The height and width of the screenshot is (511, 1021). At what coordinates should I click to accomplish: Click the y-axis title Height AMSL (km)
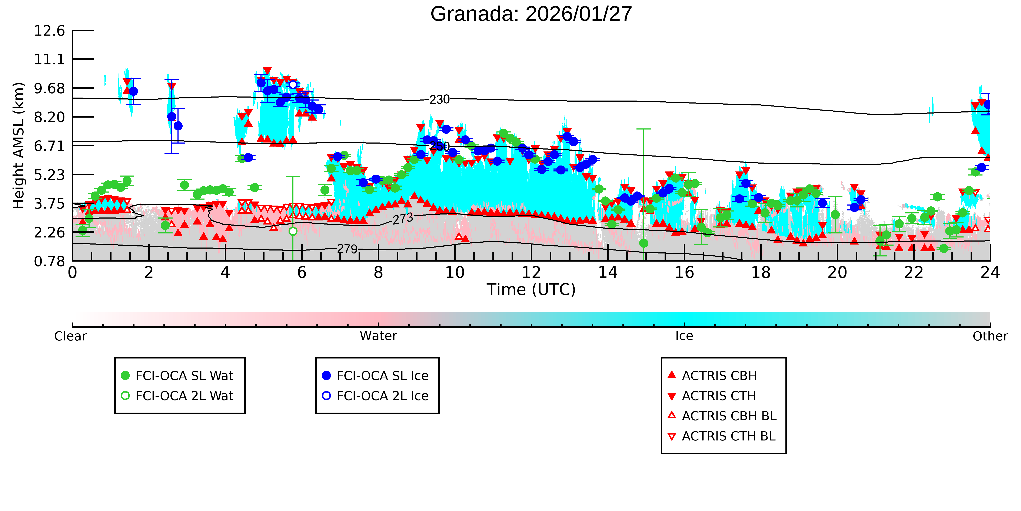(x=19, y=146)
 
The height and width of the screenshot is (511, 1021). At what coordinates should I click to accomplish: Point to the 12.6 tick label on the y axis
(x=49, y=30)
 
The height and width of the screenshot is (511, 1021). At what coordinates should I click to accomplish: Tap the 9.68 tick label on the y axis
(x=49, y=88)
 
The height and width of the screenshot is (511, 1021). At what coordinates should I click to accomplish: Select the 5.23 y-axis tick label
(x=49, y=175)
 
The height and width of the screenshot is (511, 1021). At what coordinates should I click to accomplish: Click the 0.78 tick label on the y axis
(x=49, y=261)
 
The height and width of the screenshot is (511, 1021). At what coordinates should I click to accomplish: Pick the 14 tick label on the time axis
(x=608, y=273)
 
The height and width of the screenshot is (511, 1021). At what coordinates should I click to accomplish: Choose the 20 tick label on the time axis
(x=837, y=273)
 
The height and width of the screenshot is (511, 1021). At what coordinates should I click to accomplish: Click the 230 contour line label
(x=440, y=100)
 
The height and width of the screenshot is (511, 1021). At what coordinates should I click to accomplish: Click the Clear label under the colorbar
(x=71, y=336)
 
